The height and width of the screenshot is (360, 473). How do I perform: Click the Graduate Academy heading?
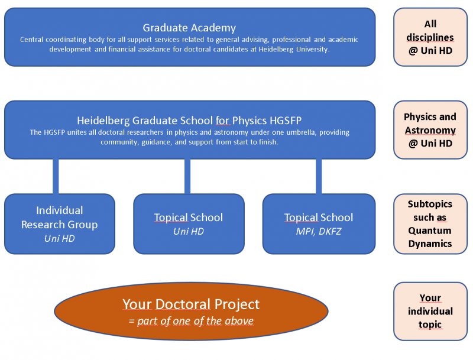[189, 28]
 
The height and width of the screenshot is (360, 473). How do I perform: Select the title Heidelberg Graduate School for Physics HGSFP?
[189, 121]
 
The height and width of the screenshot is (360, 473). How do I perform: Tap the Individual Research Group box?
[59, 223]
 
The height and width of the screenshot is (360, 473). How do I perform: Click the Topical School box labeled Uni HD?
[189, 223]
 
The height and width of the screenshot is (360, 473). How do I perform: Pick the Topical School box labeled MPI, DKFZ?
[319, 223]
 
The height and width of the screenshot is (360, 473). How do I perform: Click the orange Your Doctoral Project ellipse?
[191, 311]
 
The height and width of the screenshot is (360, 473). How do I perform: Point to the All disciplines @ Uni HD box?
[430, 37]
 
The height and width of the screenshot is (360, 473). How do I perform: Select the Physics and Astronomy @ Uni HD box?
[430, 130]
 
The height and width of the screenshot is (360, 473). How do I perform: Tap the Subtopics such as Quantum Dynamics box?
[430, 223]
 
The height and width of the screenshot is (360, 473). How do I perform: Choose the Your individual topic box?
[430, 311]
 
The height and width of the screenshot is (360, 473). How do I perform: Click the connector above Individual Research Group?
[56, 176]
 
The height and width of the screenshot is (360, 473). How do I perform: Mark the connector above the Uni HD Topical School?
[187, 176]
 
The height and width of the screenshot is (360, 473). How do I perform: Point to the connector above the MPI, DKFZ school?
[319, 176]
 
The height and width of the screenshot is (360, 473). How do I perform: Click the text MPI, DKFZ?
[319, 231]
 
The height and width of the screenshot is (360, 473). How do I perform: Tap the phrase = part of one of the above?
[191, 321]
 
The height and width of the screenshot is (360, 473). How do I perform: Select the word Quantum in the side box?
[430, 231]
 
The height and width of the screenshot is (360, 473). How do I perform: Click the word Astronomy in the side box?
[430, 130]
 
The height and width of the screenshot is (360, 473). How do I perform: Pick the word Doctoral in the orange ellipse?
[183, 304]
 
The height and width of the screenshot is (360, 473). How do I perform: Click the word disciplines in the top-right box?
[430, 37]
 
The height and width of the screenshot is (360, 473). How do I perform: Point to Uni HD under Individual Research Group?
[59, 238]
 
